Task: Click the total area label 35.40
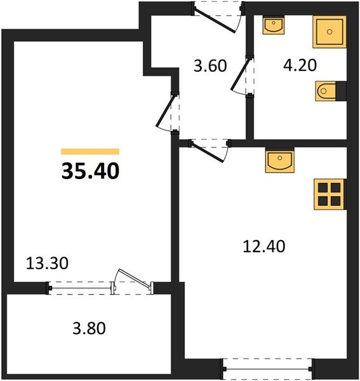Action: [x=90, y=171]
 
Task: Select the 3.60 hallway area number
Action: [x=210, y=66]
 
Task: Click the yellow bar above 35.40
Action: [x=90, y=152]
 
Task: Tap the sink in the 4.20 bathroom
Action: [x=274, y=27]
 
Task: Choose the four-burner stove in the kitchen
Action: [x=329, y=194]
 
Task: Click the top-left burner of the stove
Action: [x=323, y=188]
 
